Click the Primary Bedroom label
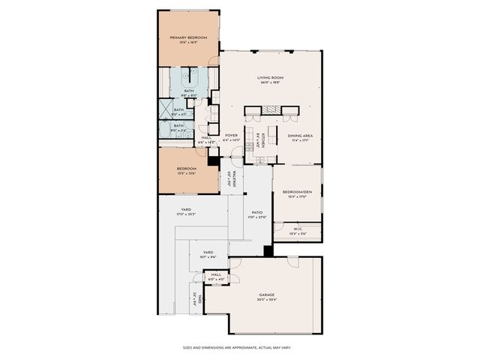188,37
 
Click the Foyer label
232,136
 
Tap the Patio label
256,212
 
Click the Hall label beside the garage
216,275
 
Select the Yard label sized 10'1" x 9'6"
208,253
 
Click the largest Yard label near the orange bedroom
186,210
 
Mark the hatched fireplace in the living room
271,112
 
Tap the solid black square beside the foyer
214,160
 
